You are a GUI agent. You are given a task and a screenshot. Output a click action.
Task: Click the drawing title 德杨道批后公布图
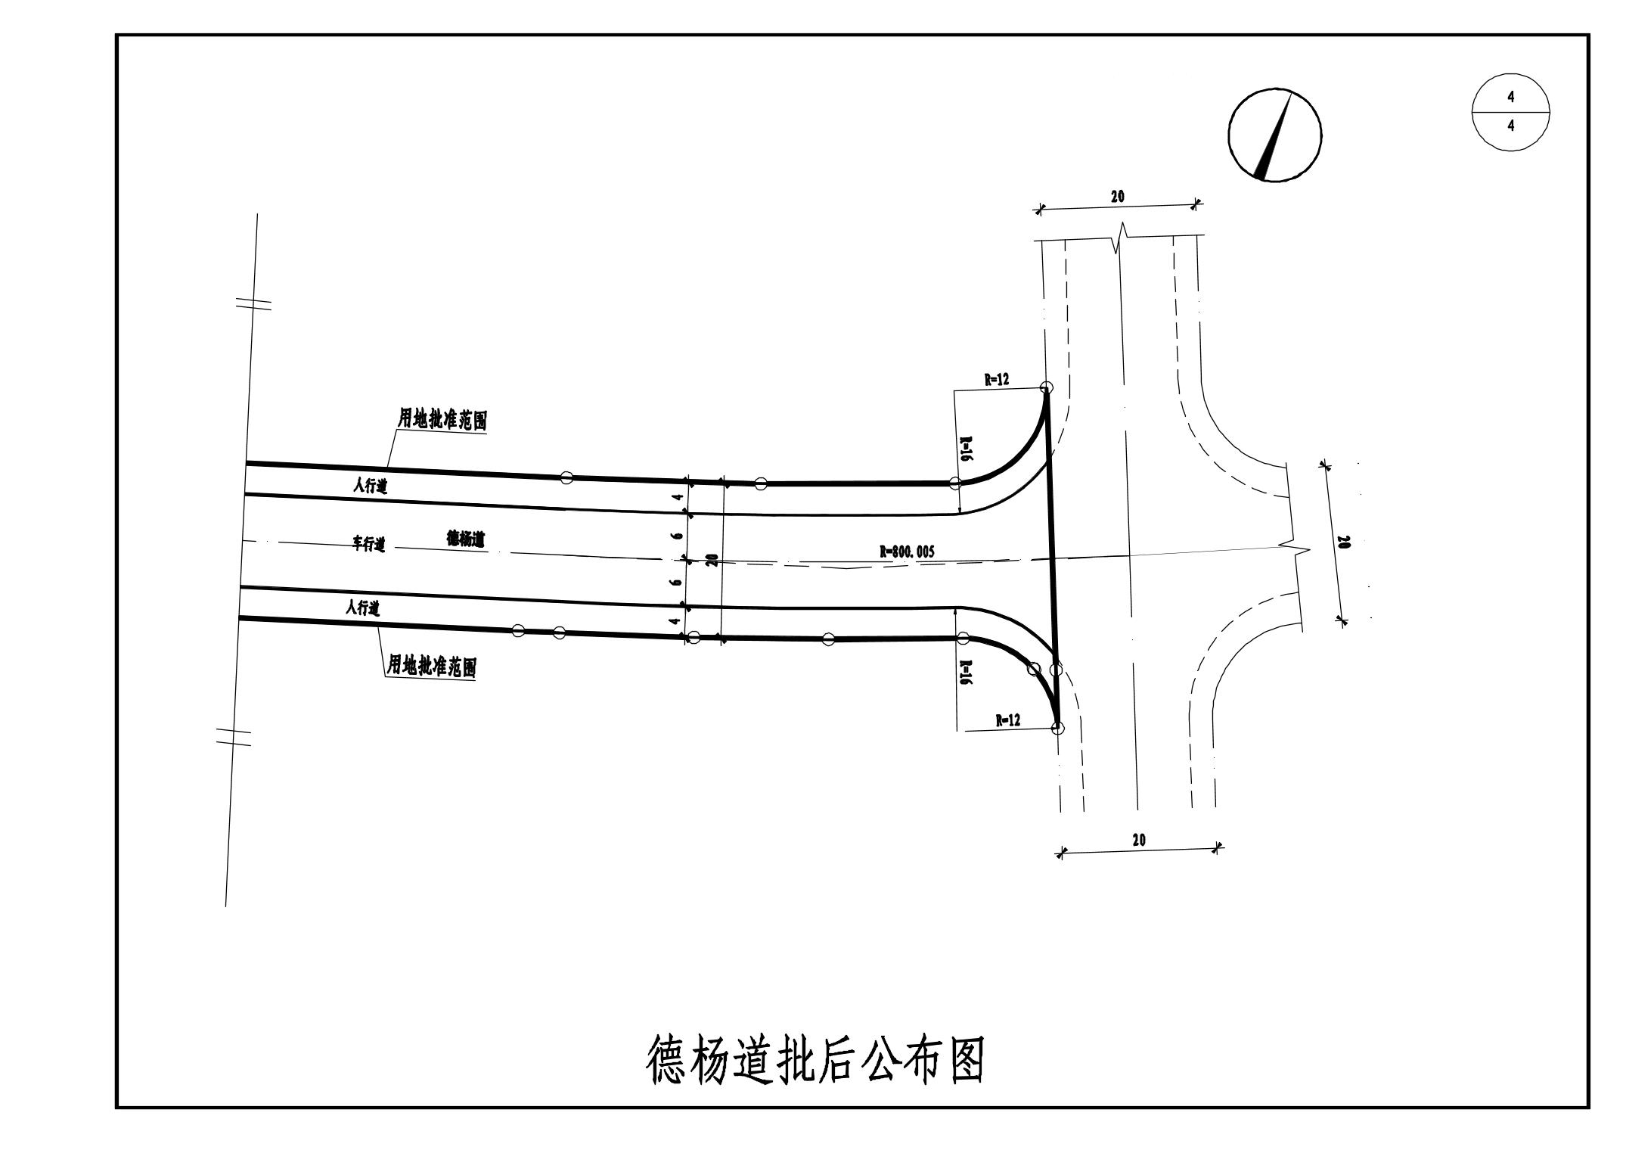point(815,1060)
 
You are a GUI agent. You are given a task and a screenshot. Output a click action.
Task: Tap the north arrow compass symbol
point(1274,135)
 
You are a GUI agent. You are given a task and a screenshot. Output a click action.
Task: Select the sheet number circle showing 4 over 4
point(1510,112)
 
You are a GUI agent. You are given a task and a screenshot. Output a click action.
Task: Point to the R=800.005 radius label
point(907,552)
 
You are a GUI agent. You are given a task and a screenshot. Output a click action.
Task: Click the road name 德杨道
point(466,539)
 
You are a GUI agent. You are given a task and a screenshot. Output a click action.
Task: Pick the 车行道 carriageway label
point(369,543)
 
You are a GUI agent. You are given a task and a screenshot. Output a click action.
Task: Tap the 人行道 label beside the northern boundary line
point(371,486)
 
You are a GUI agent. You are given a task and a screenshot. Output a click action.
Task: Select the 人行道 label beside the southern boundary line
point(363,607)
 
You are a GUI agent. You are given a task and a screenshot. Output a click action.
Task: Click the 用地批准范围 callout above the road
point(442,418)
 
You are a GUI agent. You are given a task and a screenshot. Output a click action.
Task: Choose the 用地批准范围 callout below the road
point(431,667)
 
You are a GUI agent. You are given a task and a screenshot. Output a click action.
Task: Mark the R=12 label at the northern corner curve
point(996,381)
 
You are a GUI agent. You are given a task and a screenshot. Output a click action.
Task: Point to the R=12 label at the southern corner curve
point(1007,720)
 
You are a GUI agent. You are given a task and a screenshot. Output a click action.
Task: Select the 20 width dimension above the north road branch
point(1117,197)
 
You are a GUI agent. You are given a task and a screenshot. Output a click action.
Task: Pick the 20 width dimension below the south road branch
point(1139,840)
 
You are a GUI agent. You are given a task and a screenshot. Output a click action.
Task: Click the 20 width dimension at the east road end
point(1343,542)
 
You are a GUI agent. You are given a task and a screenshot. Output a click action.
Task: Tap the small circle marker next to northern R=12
point(1047,387)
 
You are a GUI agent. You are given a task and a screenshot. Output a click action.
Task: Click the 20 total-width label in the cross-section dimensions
point(712,561)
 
